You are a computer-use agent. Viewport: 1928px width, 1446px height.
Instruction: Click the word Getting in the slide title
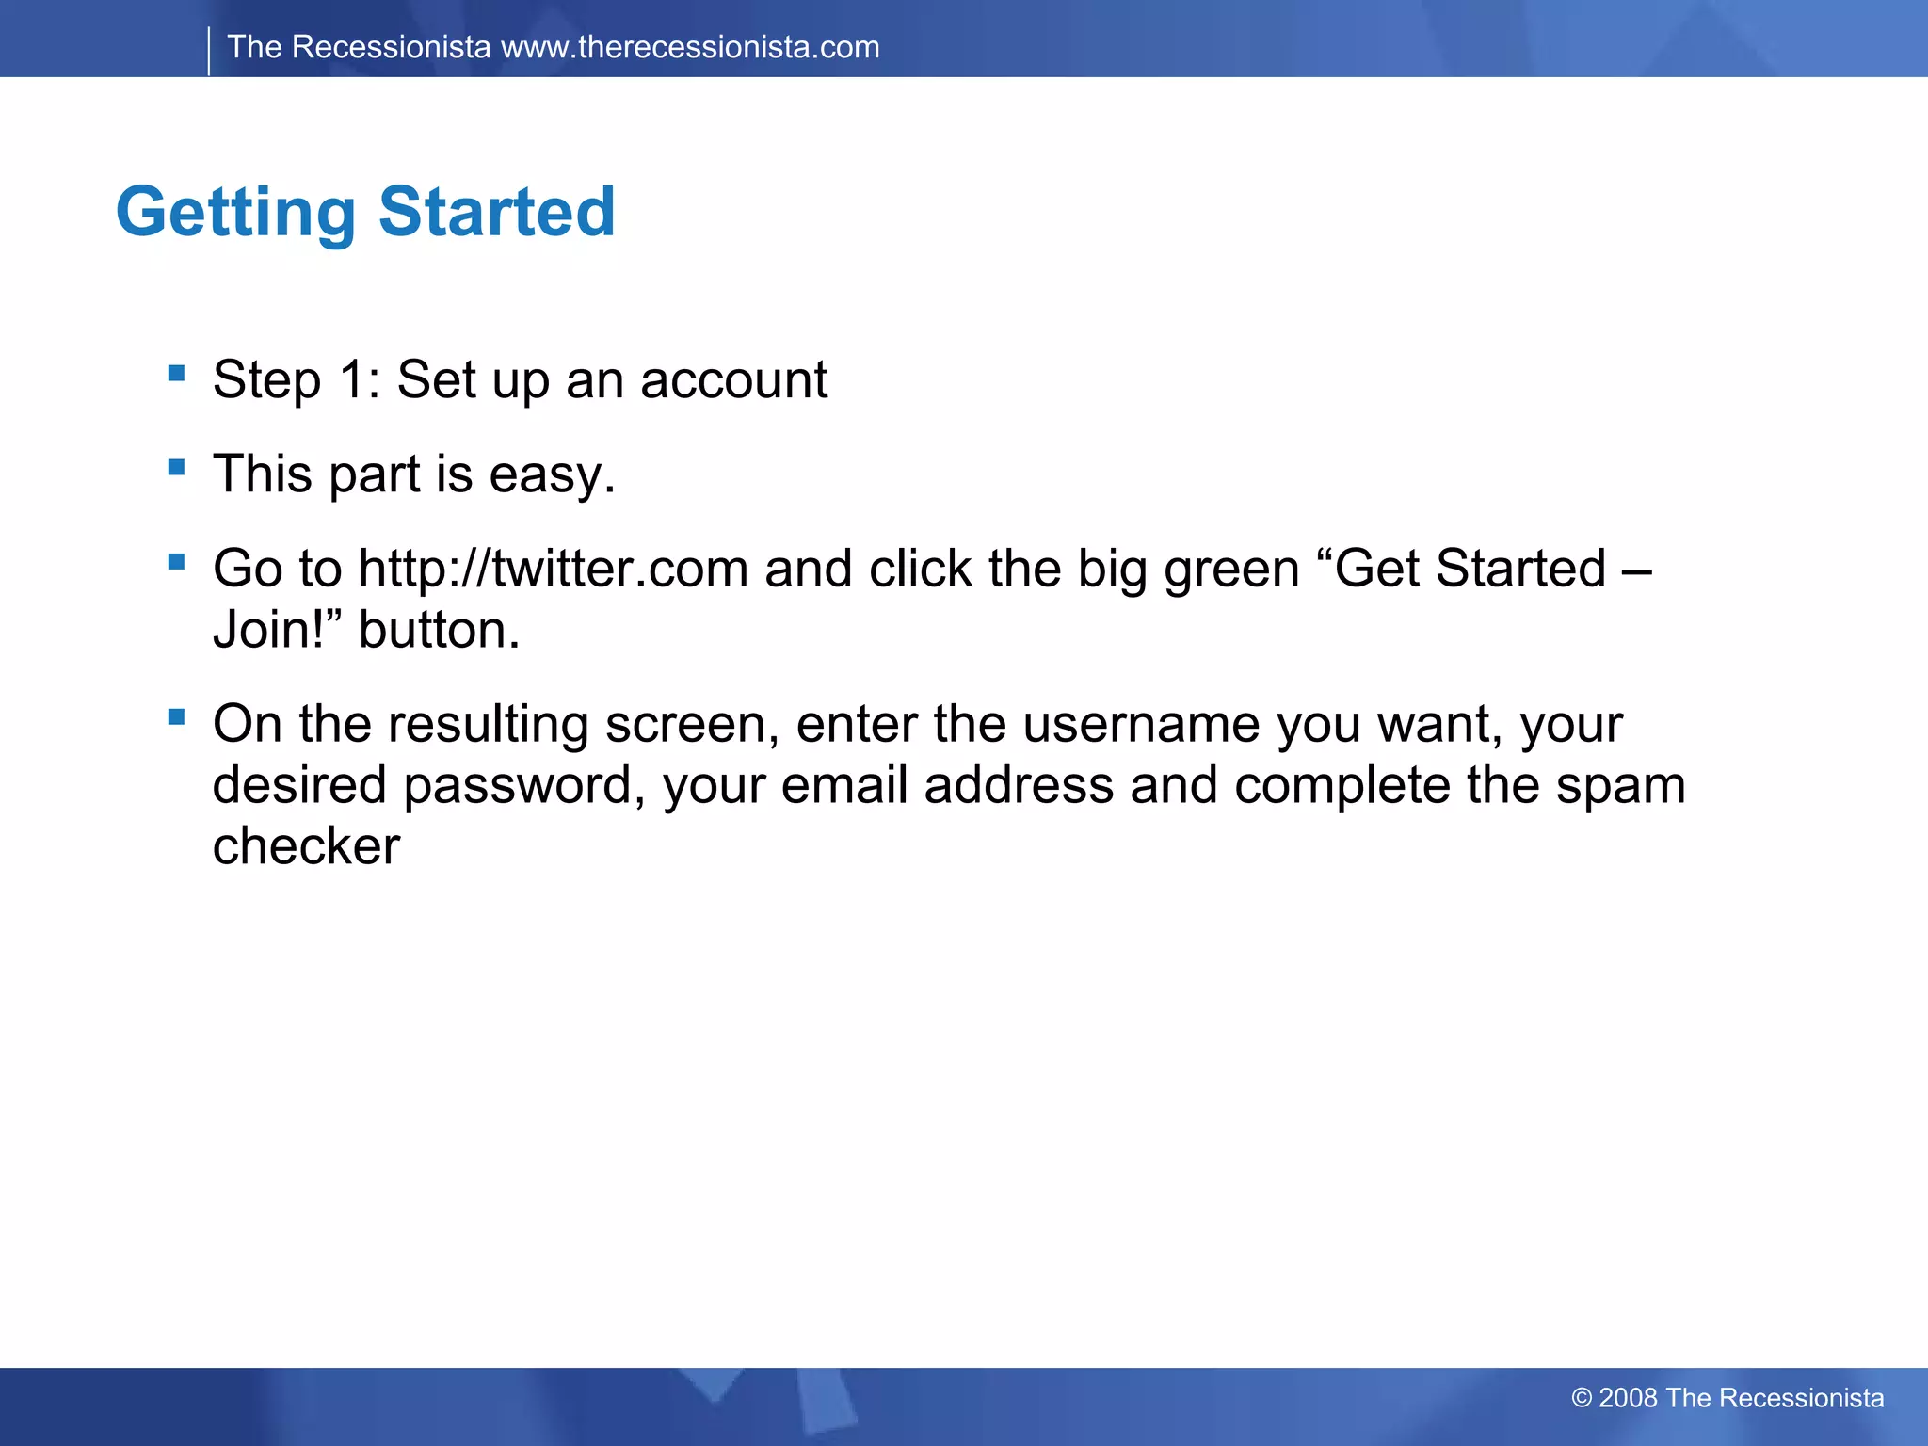[234, 213]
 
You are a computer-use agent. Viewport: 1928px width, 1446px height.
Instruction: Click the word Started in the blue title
[496, 212]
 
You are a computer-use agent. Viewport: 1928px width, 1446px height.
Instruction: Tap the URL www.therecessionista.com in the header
[690, 47]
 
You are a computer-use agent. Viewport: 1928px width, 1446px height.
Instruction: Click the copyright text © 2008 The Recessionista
[1727, 1398]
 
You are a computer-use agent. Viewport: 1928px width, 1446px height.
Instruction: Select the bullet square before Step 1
[176, 373]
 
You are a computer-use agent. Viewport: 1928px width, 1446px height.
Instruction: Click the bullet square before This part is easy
[176, 467]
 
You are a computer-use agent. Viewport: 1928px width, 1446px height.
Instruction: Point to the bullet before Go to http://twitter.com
[176, 562]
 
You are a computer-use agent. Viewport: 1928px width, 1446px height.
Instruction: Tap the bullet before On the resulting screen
[176, 717]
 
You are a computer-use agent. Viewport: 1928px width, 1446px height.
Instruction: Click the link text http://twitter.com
[553, 570]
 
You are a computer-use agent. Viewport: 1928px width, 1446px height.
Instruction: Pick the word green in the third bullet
[1231, 570]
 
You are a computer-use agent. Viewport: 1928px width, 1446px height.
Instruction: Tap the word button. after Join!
[439, 630]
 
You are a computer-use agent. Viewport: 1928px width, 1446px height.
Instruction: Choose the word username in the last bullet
[1140, 725]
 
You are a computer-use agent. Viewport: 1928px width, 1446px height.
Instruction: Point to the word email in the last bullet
[843, 786]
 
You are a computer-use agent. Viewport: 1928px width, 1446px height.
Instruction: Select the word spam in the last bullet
[1619, 786]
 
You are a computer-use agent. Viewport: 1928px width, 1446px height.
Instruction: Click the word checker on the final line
[306, 846]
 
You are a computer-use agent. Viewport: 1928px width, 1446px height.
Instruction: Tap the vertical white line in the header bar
[208, 51]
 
